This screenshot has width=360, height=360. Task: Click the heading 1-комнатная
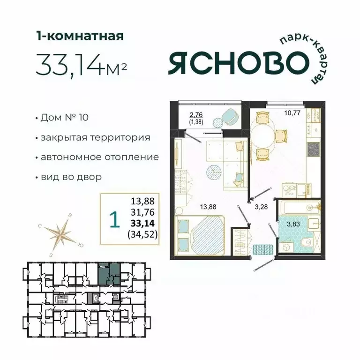tap(80, 36)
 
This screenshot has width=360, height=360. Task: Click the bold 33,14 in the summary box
tap(142, 222)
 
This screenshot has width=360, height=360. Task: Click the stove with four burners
tap(313, 149)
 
